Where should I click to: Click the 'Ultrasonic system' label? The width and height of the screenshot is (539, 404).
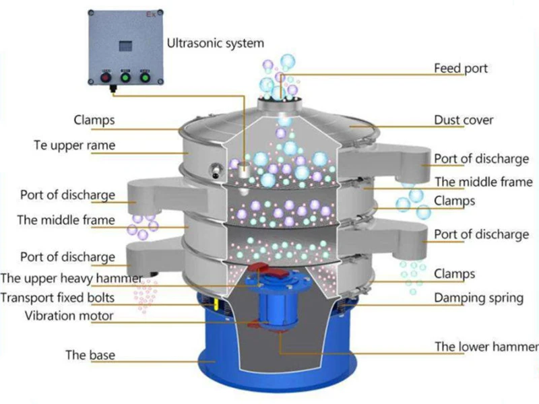click(216, 43)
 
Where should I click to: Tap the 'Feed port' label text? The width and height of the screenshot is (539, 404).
click(461, 68)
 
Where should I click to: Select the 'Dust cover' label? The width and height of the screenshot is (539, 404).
click(464, 121)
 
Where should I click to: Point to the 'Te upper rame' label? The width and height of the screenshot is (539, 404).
click(74, 145)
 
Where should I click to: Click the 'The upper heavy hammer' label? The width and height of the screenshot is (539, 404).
click(71, 278)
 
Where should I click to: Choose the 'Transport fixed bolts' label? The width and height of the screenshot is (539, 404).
click(57, 298)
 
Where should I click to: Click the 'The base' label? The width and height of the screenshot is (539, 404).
click(90, 354)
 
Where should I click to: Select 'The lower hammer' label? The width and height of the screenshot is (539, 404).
click(486, 347)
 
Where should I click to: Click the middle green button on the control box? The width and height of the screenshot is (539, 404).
click(125, 77)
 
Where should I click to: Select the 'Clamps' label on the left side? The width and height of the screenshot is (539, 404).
click(94, 121)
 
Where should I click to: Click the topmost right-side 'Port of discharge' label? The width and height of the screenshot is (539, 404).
click(481, 159)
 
